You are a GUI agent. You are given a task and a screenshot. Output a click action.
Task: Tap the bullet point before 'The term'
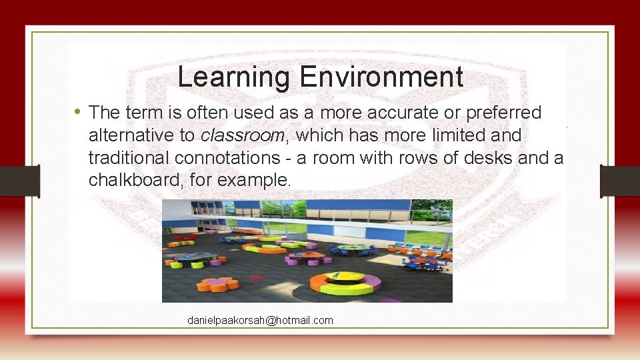click(x=78, y=111)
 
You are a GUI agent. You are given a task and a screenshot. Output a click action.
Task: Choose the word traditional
click(x=129, y=158)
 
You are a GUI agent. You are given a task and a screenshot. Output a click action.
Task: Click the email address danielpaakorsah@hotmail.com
click(x=260, y=321)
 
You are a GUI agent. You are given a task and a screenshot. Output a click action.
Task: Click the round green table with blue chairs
click(x=351, y=248)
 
